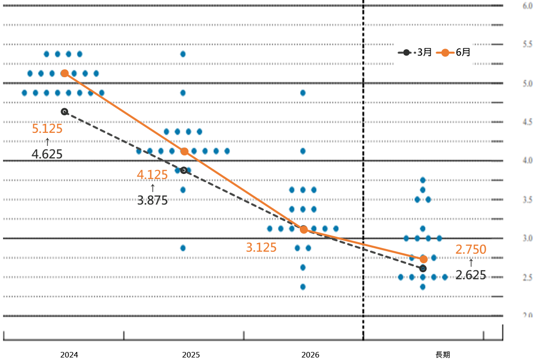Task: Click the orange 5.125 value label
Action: click(47, 129)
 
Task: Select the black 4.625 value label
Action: click(47, 154)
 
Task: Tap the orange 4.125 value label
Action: click(152, 175)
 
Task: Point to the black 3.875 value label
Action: click(152, 200)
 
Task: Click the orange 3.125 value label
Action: click(261, 247)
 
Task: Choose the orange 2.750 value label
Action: click(471, 249)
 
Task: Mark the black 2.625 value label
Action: click(471, 274)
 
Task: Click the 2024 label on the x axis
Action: click(69, 354)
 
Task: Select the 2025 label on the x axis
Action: click(191, 354)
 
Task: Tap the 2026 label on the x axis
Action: click(310, 354)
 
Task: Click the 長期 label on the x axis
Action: click(443, 354)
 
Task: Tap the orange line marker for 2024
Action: click(65, 73)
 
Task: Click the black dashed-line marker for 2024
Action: click(64, 111)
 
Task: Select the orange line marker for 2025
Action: click(184, 151)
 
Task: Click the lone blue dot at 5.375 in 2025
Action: click(183, 54)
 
